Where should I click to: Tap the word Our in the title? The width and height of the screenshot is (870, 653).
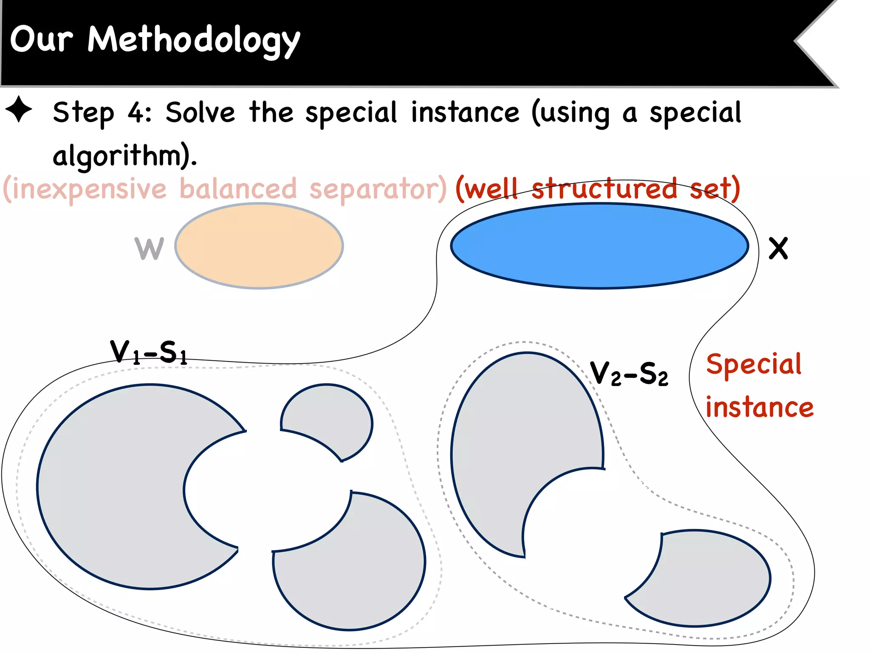[x=41, y=39]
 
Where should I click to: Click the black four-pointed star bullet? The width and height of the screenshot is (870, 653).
[x=19, y=109]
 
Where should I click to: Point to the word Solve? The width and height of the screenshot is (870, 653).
[x=200, y=113]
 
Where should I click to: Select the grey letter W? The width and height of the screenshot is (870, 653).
[x=149, y=248]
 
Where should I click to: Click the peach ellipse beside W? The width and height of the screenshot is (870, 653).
[x=259, y=246]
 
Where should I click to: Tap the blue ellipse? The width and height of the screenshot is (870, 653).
[x=599, y=246]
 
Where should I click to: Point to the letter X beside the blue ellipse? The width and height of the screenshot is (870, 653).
[x=778, y=248]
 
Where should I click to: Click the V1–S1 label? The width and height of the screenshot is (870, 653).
[x=148, y=352]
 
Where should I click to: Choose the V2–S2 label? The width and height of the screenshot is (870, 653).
[x=629, y=374]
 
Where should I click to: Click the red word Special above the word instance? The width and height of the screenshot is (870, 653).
[x=753, y=364]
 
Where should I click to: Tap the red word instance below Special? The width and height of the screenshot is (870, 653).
[x=759, y=407]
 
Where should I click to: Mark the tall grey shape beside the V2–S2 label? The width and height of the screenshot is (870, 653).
[x=510, y=446]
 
